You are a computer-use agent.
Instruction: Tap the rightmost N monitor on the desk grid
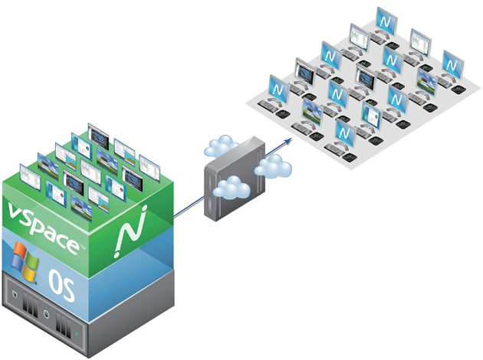pyautogui.click(x=452, y=62)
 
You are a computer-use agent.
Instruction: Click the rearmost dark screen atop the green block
pyautogui.click(x=97, y=134)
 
